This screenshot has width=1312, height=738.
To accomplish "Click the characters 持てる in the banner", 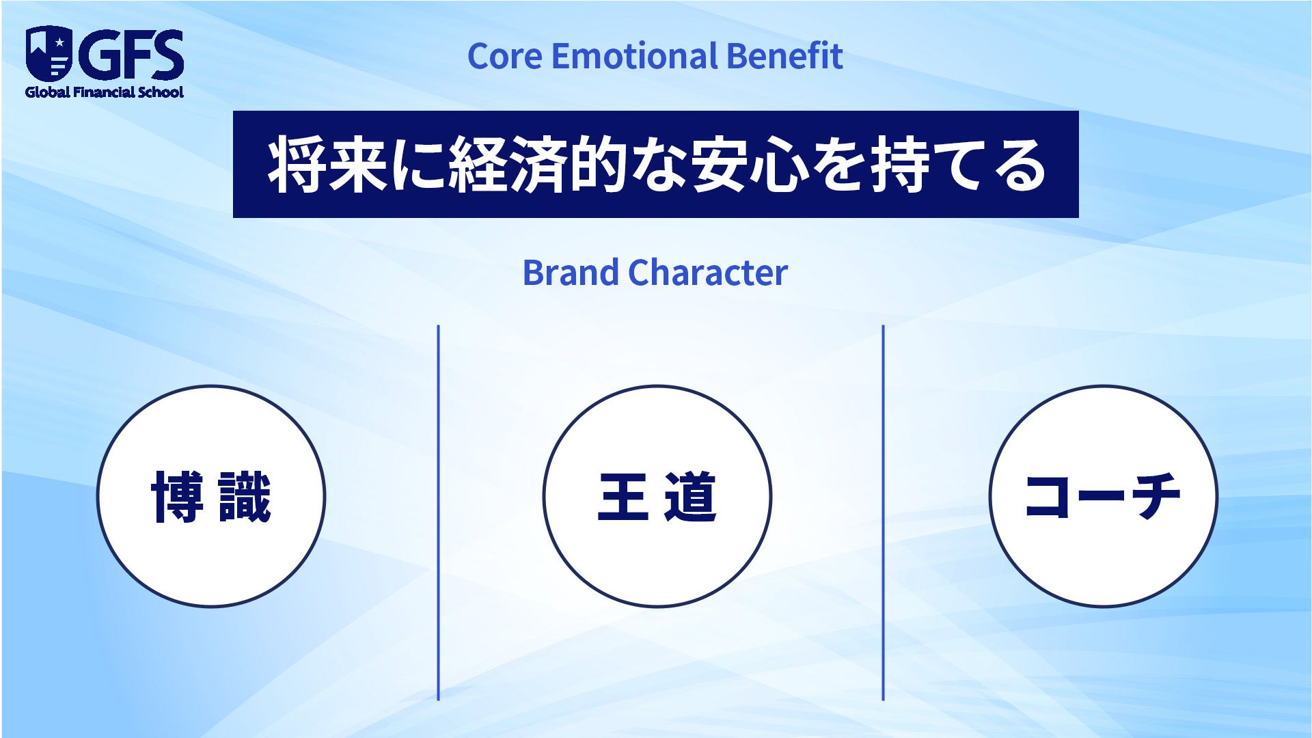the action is click(x=958, y=165).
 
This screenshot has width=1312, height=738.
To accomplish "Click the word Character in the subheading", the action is click(x=708, y=273).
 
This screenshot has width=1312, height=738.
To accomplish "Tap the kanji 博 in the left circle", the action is click(x=177, y=497).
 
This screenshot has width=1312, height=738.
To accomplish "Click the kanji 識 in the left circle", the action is click(x=245, y=497).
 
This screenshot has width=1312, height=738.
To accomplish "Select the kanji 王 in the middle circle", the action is click(x=623, y=497).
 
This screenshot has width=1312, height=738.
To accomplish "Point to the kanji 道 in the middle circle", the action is click(x=691, y=497).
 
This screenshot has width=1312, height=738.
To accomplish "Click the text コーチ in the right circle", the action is click(x=1103, y=495).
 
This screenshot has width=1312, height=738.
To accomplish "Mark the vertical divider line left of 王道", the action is click(x=438, y=512).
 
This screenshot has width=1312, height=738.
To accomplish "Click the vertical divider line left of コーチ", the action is click(x=883, y=512).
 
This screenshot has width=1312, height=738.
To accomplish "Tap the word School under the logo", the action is click(x=161, y=92).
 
